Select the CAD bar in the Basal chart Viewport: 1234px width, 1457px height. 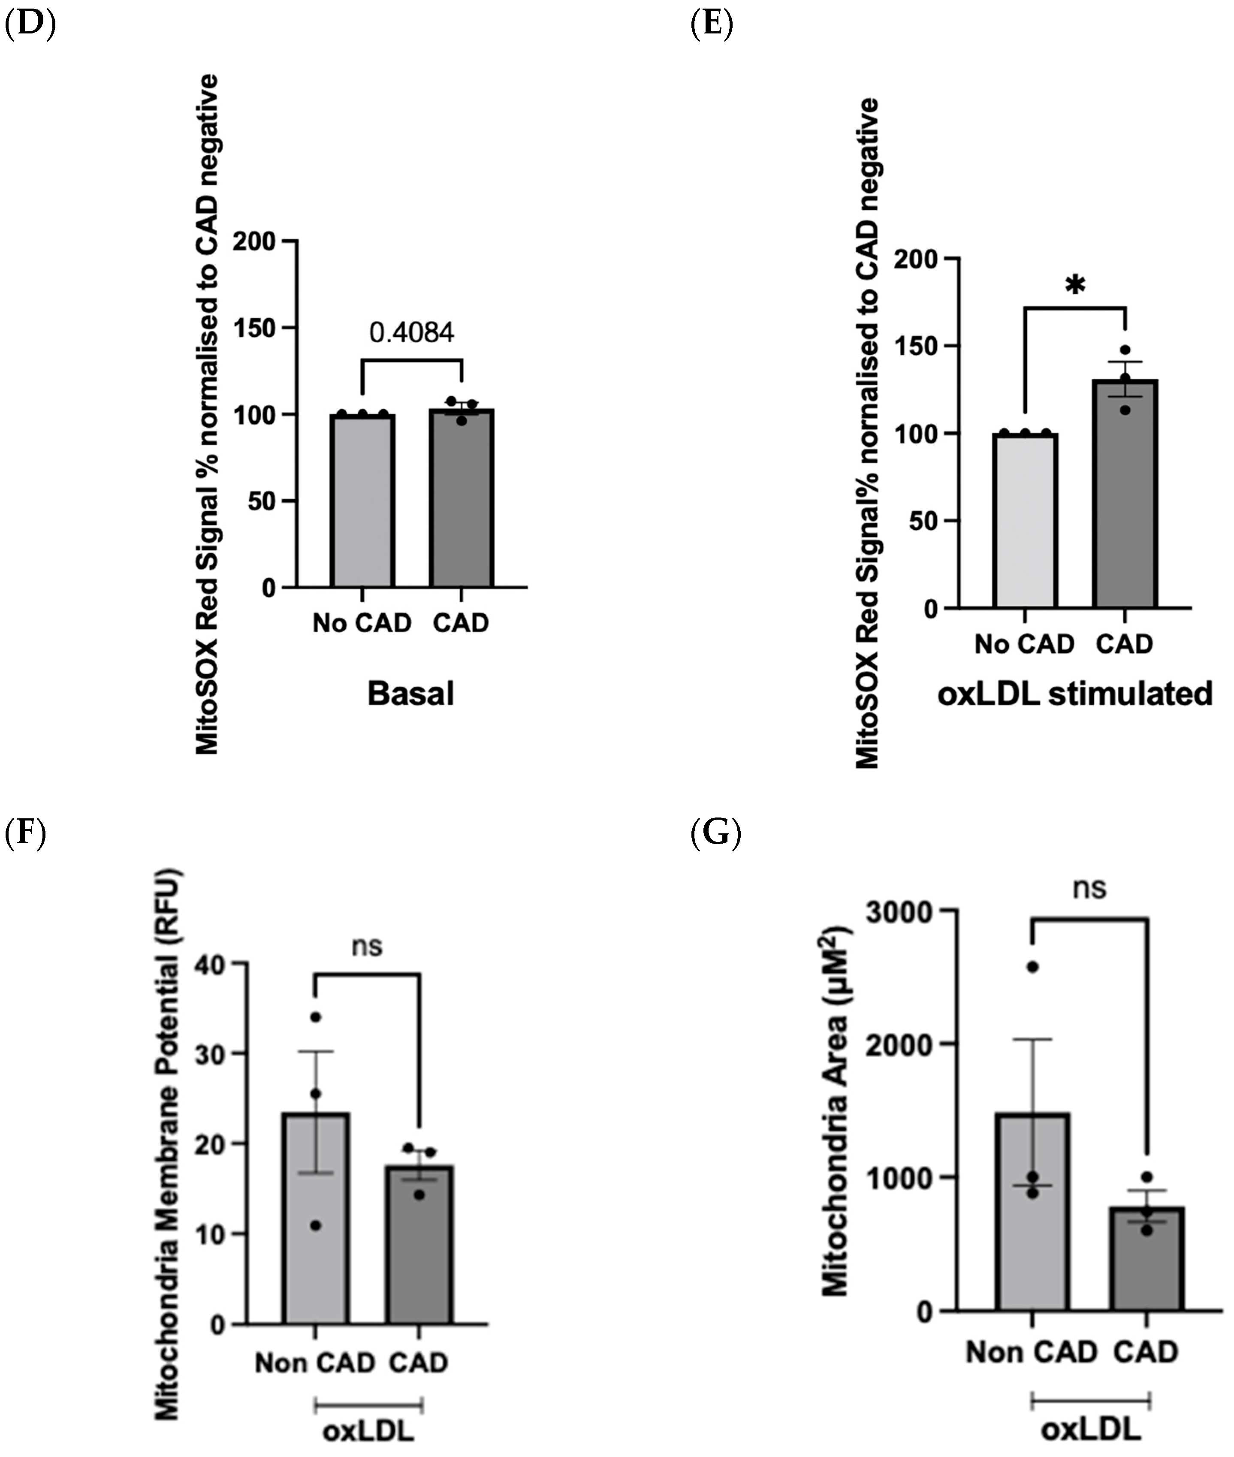coord(462,500)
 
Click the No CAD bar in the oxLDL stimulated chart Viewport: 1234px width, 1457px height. coord(1025,521)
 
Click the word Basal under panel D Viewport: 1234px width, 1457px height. coord(410,694)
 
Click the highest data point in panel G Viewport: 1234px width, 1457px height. coord(1032,967)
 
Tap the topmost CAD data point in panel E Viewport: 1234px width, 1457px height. coord(1125,350)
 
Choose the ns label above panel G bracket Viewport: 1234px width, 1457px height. coord(1090,888)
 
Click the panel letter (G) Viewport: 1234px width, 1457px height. coord(715,835)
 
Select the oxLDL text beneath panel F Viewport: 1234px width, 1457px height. coord(369,1432)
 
